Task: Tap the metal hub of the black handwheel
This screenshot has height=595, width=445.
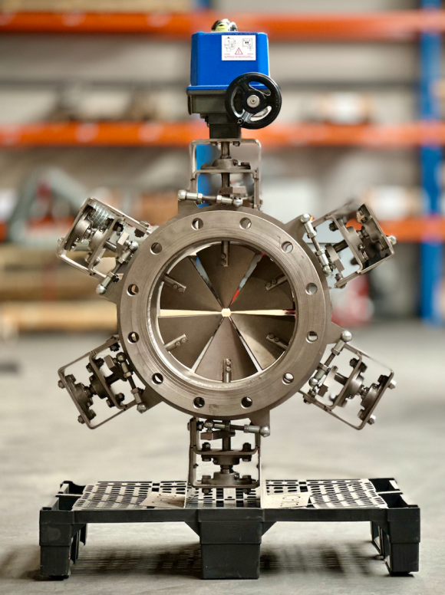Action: [253, 100]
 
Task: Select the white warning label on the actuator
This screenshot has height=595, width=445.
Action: [238, 48]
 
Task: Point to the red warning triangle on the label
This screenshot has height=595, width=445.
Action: [238, 51]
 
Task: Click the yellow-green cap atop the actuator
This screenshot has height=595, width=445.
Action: [224, 25]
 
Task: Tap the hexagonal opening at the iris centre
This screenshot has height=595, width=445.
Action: [226, 312]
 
